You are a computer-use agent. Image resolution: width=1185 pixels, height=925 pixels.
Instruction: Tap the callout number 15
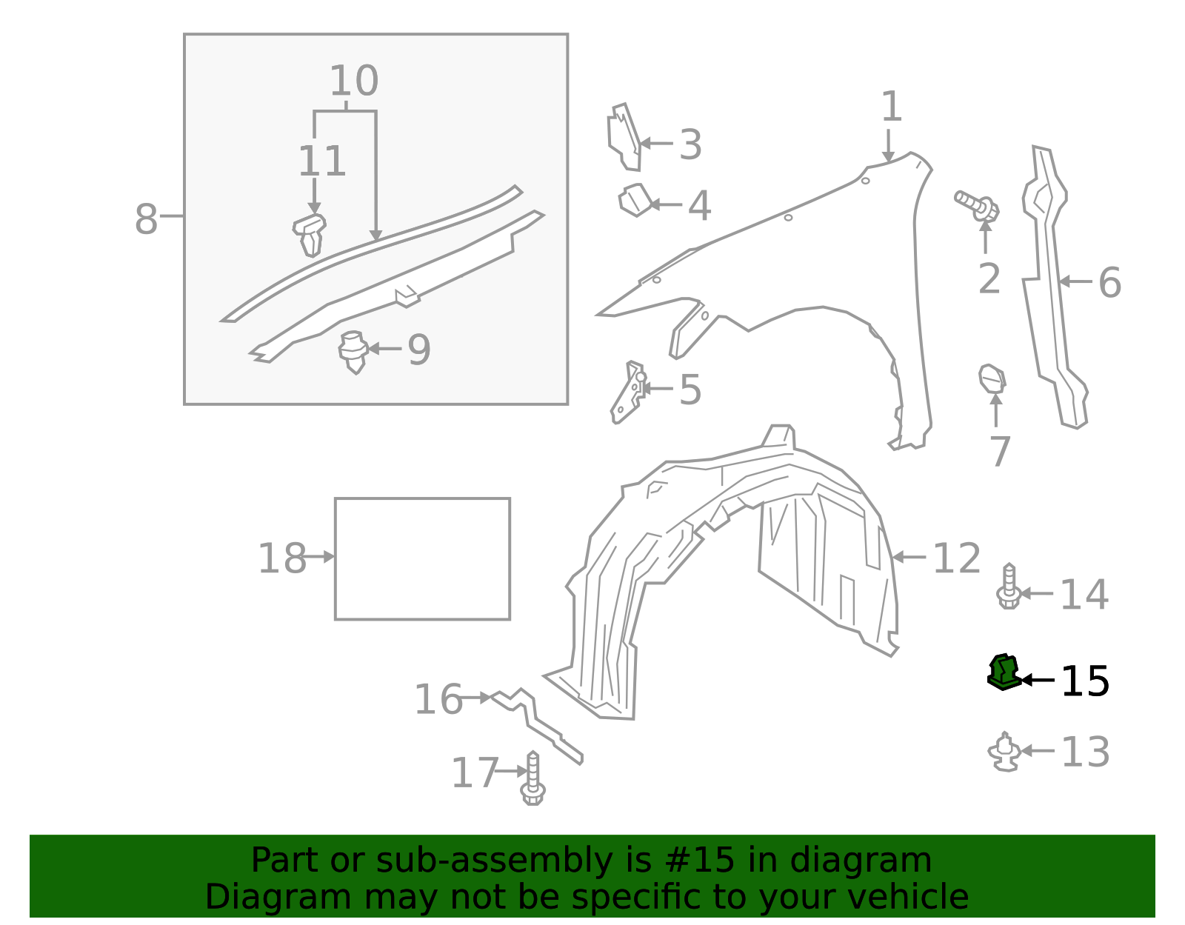1085,681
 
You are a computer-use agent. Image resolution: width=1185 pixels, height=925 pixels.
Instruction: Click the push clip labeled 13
1004,752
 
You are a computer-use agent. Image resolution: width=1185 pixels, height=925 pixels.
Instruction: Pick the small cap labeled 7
992,378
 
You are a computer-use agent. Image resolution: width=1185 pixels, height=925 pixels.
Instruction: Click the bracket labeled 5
627,393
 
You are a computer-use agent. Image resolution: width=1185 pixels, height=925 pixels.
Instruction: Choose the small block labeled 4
634,200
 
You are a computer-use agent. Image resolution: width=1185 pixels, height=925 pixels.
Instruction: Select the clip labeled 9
354,352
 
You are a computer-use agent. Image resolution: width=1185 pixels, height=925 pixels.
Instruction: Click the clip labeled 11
310,233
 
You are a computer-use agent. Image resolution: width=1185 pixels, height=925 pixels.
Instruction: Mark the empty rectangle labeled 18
422,558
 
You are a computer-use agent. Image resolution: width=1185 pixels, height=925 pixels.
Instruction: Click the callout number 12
956,558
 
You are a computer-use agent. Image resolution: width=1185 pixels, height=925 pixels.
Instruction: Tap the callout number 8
146,219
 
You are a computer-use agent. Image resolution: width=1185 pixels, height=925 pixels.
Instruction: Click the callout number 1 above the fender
891,107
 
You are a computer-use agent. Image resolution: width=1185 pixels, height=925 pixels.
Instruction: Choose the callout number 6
1109,283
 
